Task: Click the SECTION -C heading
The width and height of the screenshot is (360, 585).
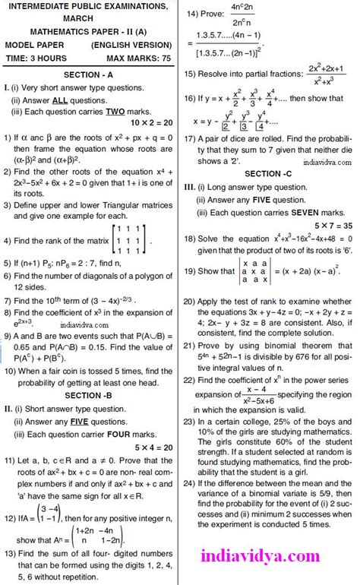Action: click(268, 174)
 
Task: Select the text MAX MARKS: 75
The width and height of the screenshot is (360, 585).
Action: click(141, 57)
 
